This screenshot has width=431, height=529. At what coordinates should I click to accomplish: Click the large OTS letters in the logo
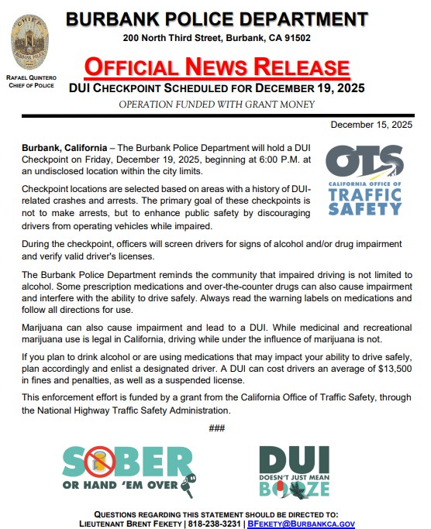point(364,160)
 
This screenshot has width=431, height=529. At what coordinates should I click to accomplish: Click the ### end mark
point(216,428)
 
